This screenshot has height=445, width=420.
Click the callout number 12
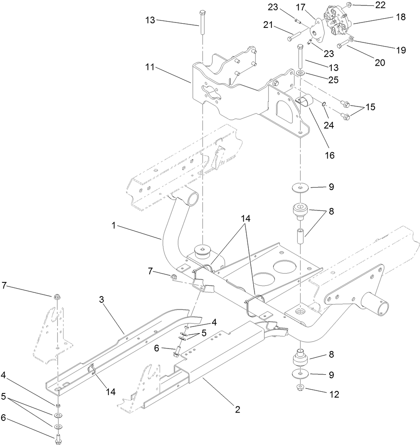pos(334,394)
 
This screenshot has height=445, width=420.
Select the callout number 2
pos(237,409)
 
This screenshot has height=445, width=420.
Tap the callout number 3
pos(102,300)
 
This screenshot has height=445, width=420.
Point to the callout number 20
pos(379,63)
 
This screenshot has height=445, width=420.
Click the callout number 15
pos(370,107)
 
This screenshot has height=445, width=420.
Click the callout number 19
pos(401,50)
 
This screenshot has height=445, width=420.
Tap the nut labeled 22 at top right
pos(348,5)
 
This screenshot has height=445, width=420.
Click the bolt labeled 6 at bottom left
pos(58,438)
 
